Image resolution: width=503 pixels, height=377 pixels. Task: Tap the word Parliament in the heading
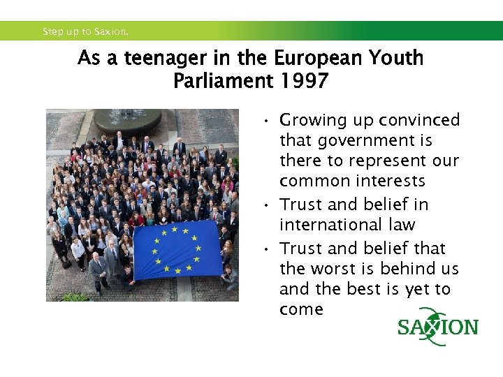click(222, 81)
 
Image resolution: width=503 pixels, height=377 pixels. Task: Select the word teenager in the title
click(159, 58)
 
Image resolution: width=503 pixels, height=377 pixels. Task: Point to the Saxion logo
click(437, 327)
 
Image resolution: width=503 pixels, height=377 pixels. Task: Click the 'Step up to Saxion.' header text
click(85, 31)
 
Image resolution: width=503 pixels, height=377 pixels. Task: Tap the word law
click(402, 225)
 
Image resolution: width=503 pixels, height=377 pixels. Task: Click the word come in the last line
click(301, 309)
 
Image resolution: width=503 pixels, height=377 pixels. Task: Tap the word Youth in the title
click(394, 58)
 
